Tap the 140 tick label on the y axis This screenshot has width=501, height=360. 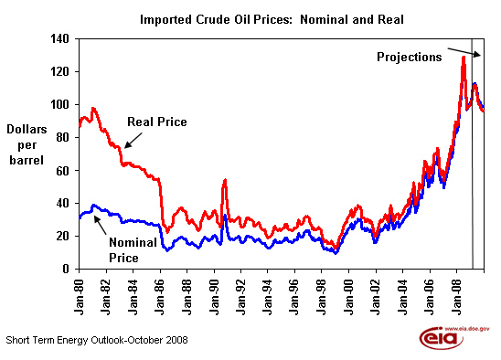59,39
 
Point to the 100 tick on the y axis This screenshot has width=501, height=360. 59,104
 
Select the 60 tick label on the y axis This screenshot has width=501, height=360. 63,171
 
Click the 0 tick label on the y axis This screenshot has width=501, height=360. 66,269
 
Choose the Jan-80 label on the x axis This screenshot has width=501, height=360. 80,297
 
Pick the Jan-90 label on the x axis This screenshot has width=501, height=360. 215,297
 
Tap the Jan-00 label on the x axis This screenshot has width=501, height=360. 349,297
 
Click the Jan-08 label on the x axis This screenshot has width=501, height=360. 457,297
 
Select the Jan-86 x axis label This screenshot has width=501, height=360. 160,297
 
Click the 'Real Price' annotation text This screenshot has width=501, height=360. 157,122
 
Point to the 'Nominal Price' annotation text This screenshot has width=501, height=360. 133,250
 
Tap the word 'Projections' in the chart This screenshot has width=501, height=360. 410,57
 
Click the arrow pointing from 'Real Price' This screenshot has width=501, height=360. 133,141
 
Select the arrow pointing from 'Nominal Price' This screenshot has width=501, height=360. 100,225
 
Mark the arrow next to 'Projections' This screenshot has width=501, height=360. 464,53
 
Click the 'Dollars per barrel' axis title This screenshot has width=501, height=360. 27,144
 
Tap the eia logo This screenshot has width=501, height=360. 454,337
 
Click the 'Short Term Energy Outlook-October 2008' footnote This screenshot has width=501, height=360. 97,340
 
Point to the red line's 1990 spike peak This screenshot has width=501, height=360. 225,180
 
